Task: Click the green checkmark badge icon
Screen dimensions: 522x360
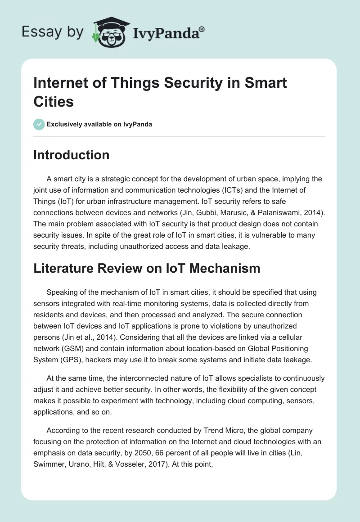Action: click(x=39, y=124)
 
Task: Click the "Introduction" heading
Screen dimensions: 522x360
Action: click(x=72, y=155)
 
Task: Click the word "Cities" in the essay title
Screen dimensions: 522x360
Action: click(x=54, y=101)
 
